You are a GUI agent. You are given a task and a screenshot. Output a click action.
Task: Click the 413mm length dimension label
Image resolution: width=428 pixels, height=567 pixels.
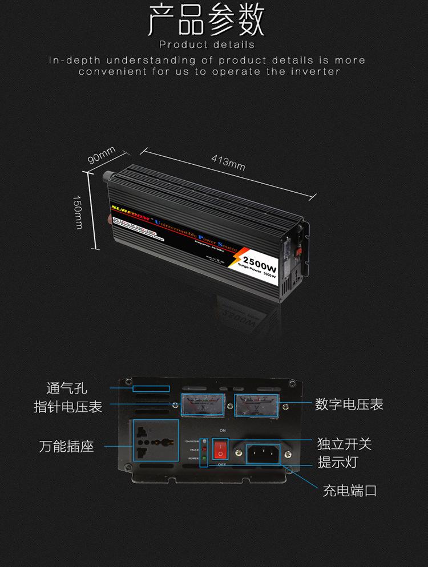pos(228,163)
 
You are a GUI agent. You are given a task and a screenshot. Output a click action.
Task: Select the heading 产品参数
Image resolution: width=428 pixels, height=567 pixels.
pos(207,21)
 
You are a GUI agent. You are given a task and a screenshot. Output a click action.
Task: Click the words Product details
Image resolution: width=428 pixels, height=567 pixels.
pos(207,44)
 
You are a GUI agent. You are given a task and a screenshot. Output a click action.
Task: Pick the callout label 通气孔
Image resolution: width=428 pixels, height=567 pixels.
pos(67,388)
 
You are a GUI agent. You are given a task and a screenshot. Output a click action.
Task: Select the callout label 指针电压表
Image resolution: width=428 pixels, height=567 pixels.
pos(68,407)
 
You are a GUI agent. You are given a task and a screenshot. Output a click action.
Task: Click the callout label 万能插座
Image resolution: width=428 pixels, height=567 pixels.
pos(67,446)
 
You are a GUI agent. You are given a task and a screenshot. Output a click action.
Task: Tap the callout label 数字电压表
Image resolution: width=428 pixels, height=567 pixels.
pos(349,404)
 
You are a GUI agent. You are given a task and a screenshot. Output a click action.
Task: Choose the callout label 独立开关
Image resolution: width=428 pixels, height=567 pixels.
pos(345,443)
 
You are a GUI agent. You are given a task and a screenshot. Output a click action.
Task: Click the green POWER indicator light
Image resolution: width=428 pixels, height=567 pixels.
pos(204,458)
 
